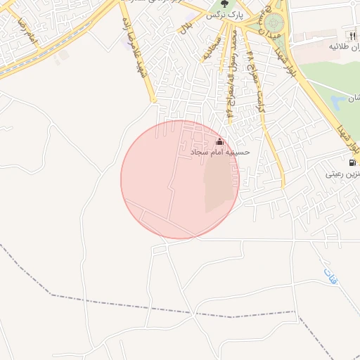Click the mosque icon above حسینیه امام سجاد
tap(220, 141)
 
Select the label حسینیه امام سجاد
tap(221, 151)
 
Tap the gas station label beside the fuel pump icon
tap(343, 173)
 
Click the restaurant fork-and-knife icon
tap(352, 36)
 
